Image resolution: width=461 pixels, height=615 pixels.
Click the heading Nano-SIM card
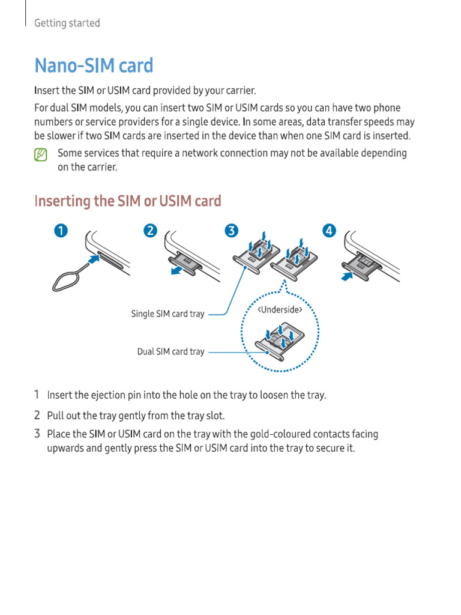[x=94, y=65]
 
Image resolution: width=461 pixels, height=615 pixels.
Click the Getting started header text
[x=67, y=23]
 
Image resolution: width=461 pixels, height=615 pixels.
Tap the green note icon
[x=40, y=155]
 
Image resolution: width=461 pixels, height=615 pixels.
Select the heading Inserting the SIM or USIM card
[x=128, y=201]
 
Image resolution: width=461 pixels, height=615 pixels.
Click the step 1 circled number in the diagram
[x=61, y=231]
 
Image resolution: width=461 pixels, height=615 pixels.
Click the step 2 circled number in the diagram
[x=151, y=231]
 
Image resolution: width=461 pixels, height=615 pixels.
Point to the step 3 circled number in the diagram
[x=232, y=231]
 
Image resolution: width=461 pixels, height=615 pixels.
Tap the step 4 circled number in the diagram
[x=329, y=231]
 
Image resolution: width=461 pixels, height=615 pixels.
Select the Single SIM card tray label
[x=167, y=314]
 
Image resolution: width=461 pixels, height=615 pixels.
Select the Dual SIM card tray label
[x=170, y=352]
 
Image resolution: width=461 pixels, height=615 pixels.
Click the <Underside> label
[x=280, y=311]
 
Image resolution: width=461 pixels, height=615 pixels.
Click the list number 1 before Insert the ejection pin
[x=37, y=395]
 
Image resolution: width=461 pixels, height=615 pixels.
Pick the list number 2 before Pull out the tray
[x=37, y=415]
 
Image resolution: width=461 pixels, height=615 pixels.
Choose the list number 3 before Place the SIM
[x=37, y=434]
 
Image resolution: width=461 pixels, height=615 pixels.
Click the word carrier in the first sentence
[x=239, y=91]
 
